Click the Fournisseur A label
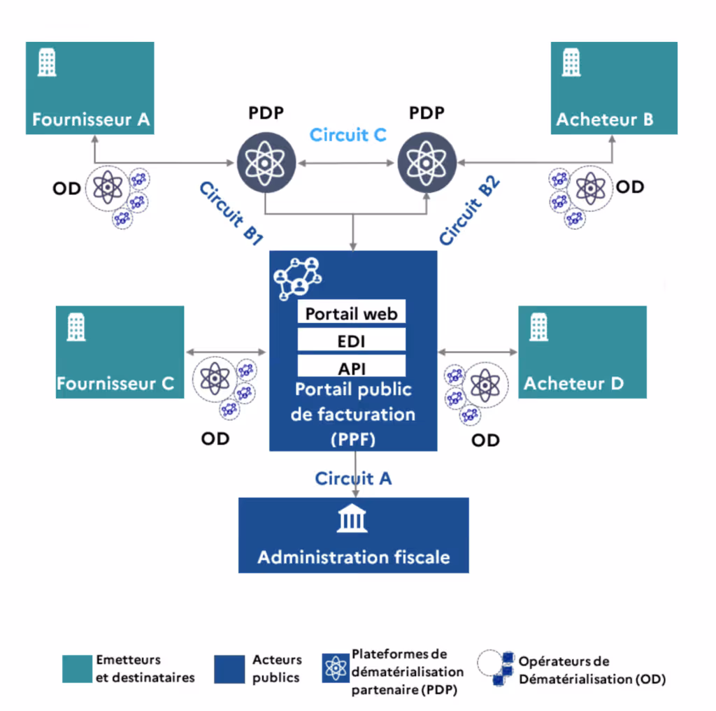[91, 120]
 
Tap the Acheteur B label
[605, 120]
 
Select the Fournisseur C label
[115, 384]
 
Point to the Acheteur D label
[573, 384]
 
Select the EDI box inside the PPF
[352, 340]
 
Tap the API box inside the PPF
[352, 366]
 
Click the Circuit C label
[348, 135]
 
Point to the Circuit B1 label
[231, 213]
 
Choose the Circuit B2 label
[469, 210]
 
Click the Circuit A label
[353, 479]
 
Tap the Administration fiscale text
[353, 557]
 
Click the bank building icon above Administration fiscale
[352, 519]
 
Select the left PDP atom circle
[266, 163]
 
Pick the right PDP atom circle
[427, 163]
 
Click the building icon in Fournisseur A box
[47, 62]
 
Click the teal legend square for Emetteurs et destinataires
[77, 669]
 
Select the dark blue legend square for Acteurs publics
[229, 669]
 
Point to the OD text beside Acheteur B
[630, 187]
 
